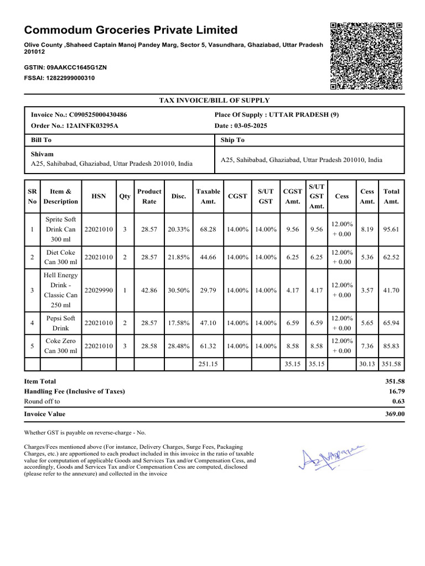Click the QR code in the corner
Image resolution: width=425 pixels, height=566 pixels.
pos(366,56)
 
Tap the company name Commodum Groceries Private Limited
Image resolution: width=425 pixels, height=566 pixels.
pos(131,30)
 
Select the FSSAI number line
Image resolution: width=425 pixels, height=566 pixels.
pos(59,78)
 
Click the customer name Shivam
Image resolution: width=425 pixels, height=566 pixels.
pos(42,154)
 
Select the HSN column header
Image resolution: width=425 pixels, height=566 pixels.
pos(99,196)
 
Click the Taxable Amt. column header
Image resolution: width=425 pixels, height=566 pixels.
pos(208,196)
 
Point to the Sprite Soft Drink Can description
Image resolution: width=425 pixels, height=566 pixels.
pos(61,229)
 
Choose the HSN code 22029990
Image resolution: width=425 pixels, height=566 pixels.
pos(99,290)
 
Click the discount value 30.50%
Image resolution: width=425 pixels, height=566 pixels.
pos(179,290)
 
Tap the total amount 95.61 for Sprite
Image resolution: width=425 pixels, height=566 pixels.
pos(391,229)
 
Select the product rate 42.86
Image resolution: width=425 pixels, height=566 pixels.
pos(149,290)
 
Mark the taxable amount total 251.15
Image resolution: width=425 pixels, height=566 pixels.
pos(208,364)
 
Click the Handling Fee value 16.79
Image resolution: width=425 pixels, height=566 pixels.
pos(395,391)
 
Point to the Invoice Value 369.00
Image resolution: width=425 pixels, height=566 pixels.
pos(394,414)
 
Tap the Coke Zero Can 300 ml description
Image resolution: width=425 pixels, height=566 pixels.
pos(61,346)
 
